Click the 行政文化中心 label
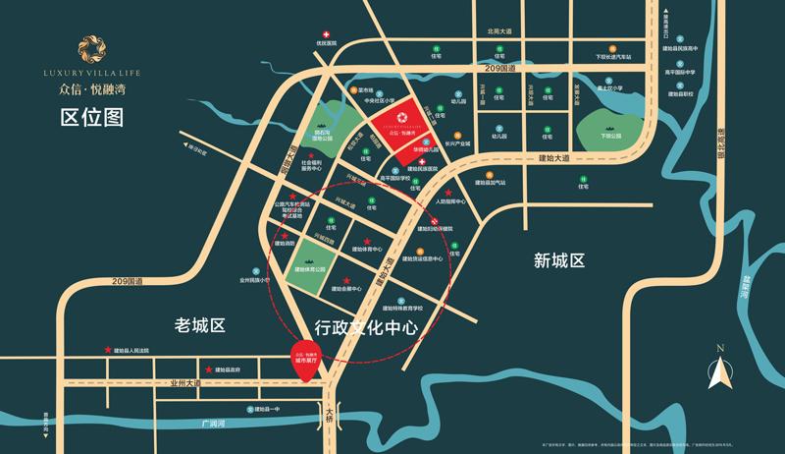click(x=366, y=326)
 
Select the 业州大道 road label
click(x=185, y=383)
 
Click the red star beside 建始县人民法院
click(x=107, y=349)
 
